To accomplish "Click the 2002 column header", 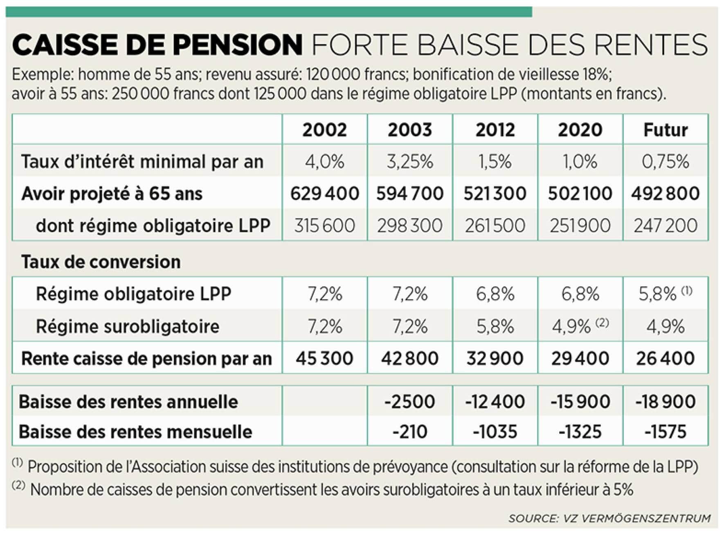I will click(324, 130).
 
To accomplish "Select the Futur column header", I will click(665, 130).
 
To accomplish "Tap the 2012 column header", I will click(495, 130).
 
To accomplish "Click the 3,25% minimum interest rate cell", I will click(409, 161).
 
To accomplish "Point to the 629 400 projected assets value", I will click(324, 193).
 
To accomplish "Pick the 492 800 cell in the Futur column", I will click(665, 193).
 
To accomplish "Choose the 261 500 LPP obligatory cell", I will click(495, 225).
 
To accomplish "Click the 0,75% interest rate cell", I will click(665, 161).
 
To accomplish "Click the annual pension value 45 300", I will click(324, 358).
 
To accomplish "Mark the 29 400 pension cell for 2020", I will click(580, 358).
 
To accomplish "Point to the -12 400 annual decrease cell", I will click(495, 401).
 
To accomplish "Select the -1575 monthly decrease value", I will click(665, 432).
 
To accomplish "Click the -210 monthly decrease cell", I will click(409, 432).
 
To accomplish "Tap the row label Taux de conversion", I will click(101, 262).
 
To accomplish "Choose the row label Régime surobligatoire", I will click(128, 326).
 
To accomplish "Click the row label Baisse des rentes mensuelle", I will click(135, 432).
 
